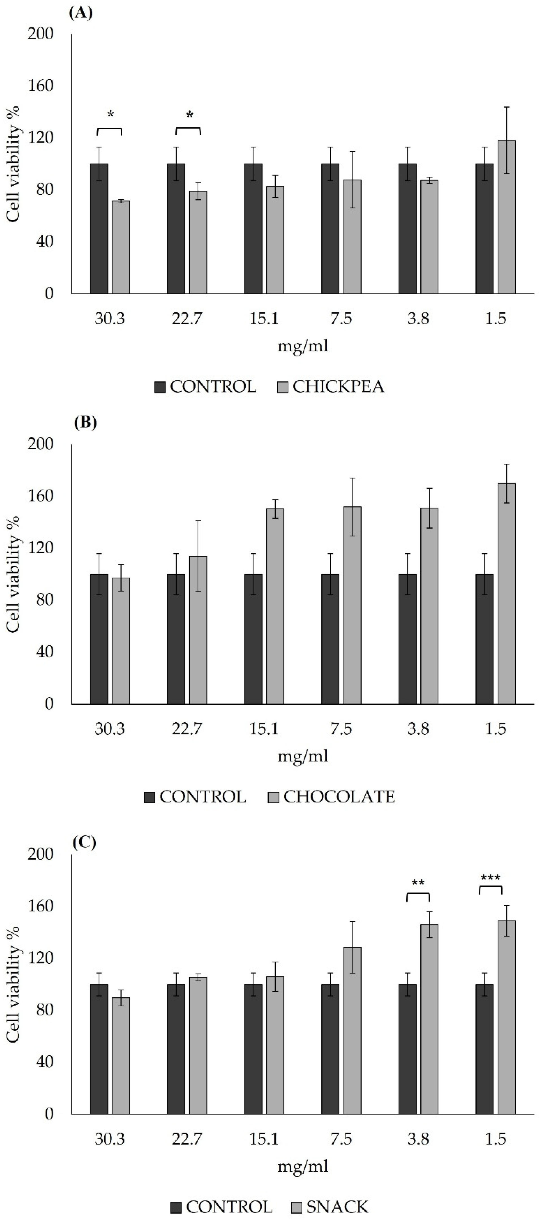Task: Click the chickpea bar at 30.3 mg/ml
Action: pyautogui.click(x=121, y=247)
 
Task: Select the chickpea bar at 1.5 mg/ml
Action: pyautogui.click(x=506, y=217)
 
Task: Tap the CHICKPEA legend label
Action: pyautogui.click(x=338, y=387)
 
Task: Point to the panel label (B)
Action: pyautogui.click(x=85, y=422)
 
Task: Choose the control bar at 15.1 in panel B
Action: pyautogui.click(x=253, y=639)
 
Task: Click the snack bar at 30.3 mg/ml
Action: pyautogui.click(x=121, y=1055)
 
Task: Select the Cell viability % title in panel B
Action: pyautogui.click(x=14, y=574)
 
